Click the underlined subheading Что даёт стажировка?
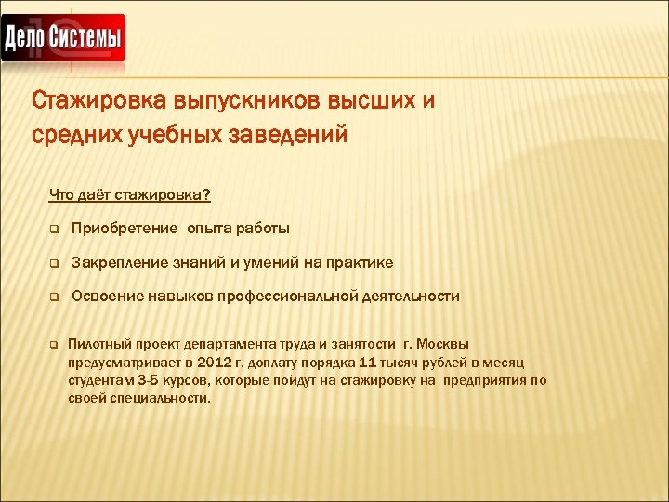(129, 194)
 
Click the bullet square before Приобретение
(55, 230)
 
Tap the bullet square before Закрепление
(55, 264)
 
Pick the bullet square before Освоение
(55, 297)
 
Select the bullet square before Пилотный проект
(55, 344)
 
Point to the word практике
(359, 263)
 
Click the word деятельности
(411, 297)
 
